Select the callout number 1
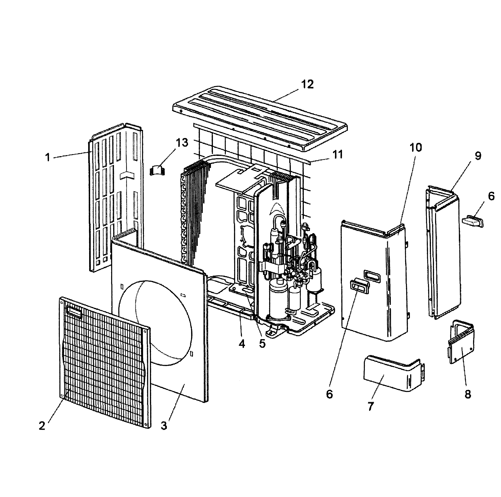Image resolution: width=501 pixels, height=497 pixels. click(x=47, y=157)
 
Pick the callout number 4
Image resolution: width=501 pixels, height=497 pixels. click(x=242, y=344)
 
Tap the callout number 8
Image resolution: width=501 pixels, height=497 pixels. click(x=468, y=394)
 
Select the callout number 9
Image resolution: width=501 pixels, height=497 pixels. click(x=478, y=156)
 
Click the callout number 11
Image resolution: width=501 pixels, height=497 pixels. click(x=337, y=155)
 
